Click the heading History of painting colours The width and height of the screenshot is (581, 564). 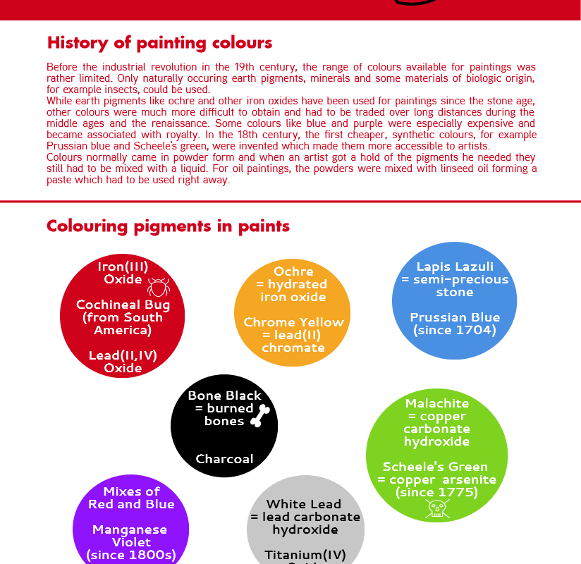pos(159,42)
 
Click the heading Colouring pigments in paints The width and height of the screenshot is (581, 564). pos(168,226)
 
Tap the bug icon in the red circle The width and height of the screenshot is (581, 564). pos(159,286)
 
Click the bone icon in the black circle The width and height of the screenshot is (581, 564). pos(260,416)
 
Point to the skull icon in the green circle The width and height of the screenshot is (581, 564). pos(437,508)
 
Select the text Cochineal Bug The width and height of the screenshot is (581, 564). pos(123,305)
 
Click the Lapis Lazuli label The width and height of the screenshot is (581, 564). pos(455,267)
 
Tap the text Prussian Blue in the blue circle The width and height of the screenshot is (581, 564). pos(455,317)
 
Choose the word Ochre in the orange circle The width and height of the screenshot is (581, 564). pos(293,271)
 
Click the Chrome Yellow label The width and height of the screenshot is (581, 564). pos(293,322)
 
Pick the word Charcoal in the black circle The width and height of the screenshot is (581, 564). pos(224,459)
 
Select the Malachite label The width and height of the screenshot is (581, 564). pos(437,404)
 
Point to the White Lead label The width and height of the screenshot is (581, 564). pos(304,504)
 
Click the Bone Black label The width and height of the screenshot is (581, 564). pos(224,396)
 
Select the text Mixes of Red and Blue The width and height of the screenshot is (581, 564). pos(131,498)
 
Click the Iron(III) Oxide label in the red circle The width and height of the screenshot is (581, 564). pos(123,273)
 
